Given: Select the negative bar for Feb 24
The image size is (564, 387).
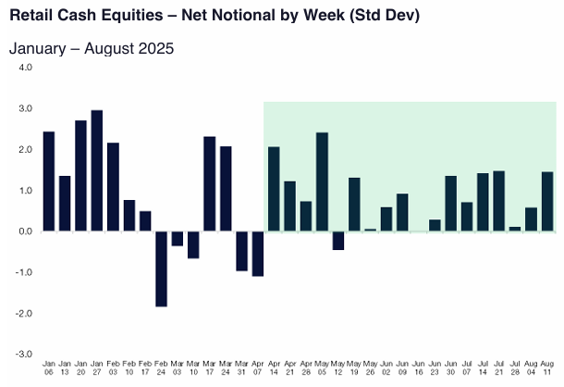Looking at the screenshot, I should coord(161,268).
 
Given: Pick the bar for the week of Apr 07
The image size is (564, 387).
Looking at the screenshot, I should coord(257,254).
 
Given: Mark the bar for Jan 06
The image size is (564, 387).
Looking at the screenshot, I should coord(49,181).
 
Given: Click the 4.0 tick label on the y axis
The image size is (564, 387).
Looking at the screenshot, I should coord(24,68).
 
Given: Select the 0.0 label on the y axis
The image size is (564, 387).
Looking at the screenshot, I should coord(24,231).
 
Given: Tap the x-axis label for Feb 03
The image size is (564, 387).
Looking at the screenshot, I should coord(113,371).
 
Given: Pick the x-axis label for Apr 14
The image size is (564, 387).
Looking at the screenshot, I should coord(274,371).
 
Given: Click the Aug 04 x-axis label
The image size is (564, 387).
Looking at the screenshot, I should coord(531,371).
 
